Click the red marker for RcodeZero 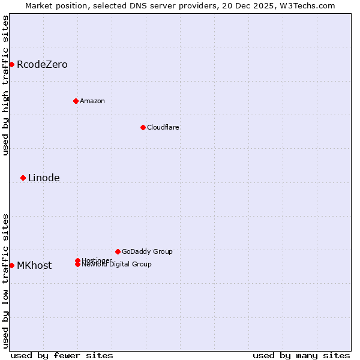coord(11,64)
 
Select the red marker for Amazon coord(76,101)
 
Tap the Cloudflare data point coord(143,127)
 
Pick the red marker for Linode coord(23,178)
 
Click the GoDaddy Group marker coord(118,251)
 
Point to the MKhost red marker coord(11,265)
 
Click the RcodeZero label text coord(42,64)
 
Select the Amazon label coord(92,101)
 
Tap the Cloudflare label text coord(163,127)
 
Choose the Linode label coord(44,178)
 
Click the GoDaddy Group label coord(147,251)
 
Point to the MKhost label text coord(34,265)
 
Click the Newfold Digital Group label coord(116,265)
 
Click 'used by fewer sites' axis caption coord(62,355)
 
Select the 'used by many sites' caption coord(301,355)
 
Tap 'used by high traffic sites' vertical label coord(5,85)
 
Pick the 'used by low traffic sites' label coord(5,281)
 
